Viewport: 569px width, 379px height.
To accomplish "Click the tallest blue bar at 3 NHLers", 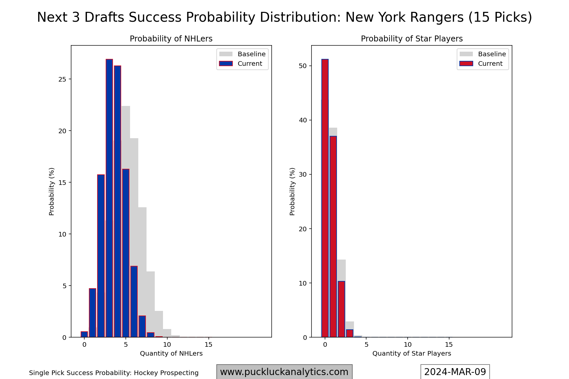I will point(109,197).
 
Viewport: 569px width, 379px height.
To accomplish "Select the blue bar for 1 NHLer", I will point(93,313).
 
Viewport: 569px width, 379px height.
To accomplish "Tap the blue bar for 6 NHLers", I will point(134,301).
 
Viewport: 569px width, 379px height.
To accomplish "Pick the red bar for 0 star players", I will point(325,197).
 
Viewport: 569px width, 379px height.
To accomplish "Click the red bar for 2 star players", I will point(341,309).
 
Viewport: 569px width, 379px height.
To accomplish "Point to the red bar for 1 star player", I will point(333,237).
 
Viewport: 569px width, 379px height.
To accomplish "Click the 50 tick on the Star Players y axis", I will point(303,66).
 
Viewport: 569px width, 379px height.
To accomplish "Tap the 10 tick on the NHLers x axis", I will point(167,344).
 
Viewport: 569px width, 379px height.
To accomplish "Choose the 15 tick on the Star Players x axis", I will point(449,344).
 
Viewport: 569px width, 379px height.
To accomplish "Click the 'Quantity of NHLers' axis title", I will point(171,354).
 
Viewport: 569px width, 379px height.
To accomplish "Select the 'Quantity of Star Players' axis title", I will point(412,354).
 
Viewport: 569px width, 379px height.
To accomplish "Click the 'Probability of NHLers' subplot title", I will point(171,39).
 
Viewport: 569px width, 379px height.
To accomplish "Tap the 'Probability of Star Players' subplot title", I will point(412,39).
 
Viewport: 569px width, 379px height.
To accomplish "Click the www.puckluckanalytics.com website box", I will point(284,372).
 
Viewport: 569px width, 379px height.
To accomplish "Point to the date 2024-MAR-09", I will point(455,372).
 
